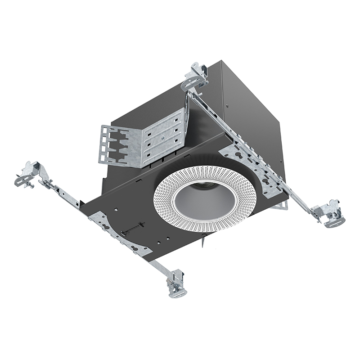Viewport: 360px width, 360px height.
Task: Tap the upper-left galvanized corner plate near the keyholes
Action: [x=102, y=220]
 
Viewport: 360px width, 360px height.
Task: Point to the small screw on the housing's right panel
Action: [x=227, y=107]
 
